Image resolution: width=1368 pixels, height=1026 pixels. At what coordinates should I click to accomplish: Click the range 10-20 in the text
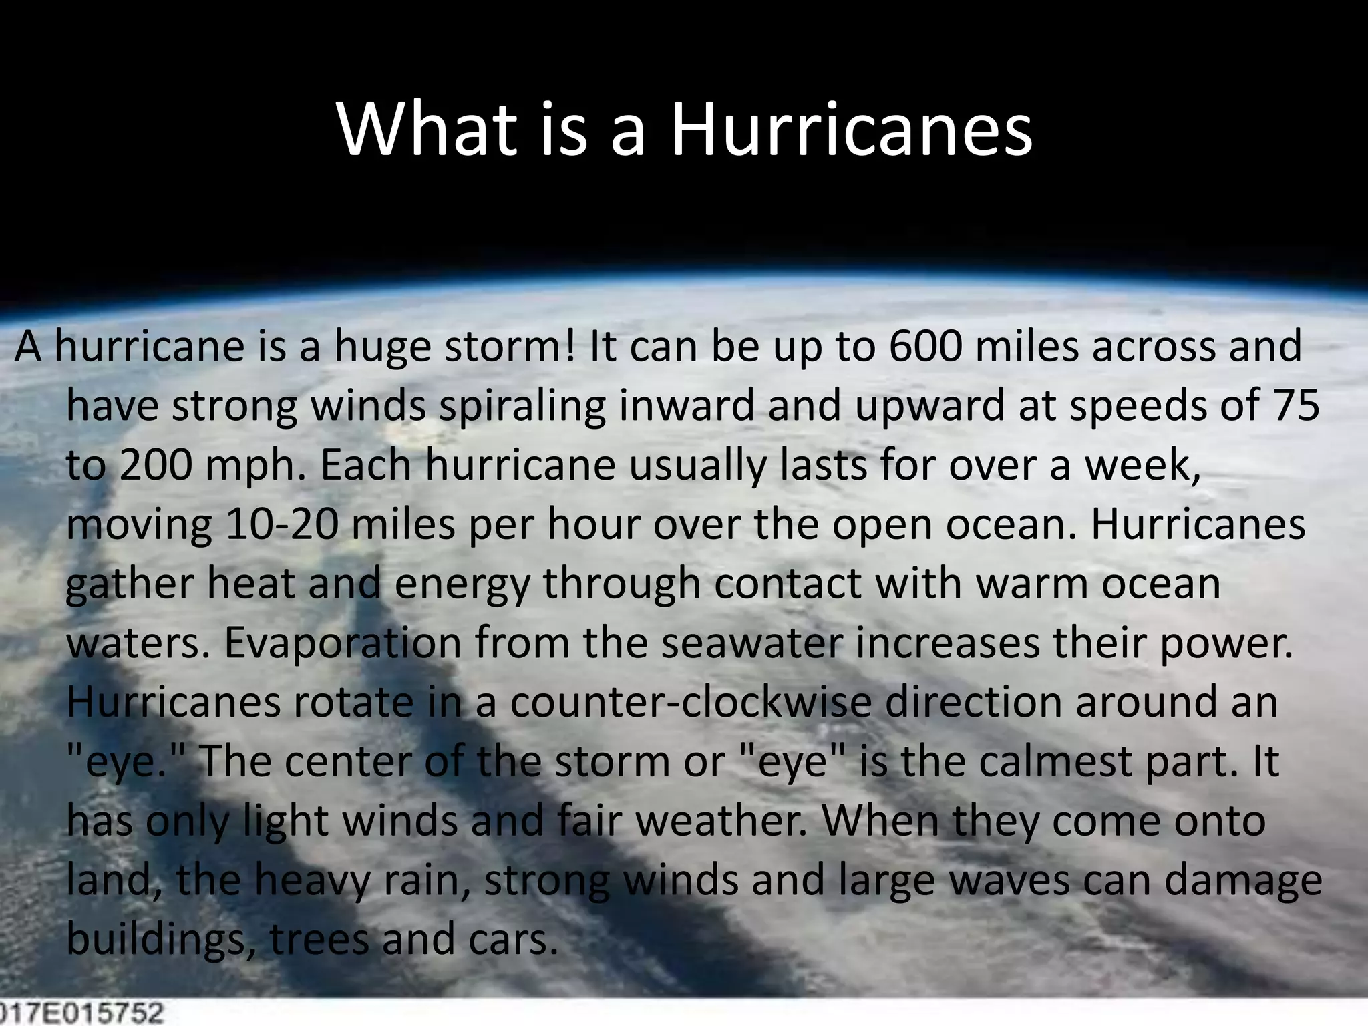[x=283, y=524]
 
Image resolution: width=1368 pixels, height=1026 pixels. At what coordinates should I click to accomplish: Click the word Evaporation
[x=343, y=643]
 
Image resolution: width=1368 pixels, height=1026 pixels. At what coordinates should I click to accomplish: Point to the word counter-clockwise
[x=691, y=702]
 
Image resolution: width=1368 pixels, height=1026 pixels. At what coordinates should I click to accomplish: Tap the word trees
[x=319, y=939]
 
